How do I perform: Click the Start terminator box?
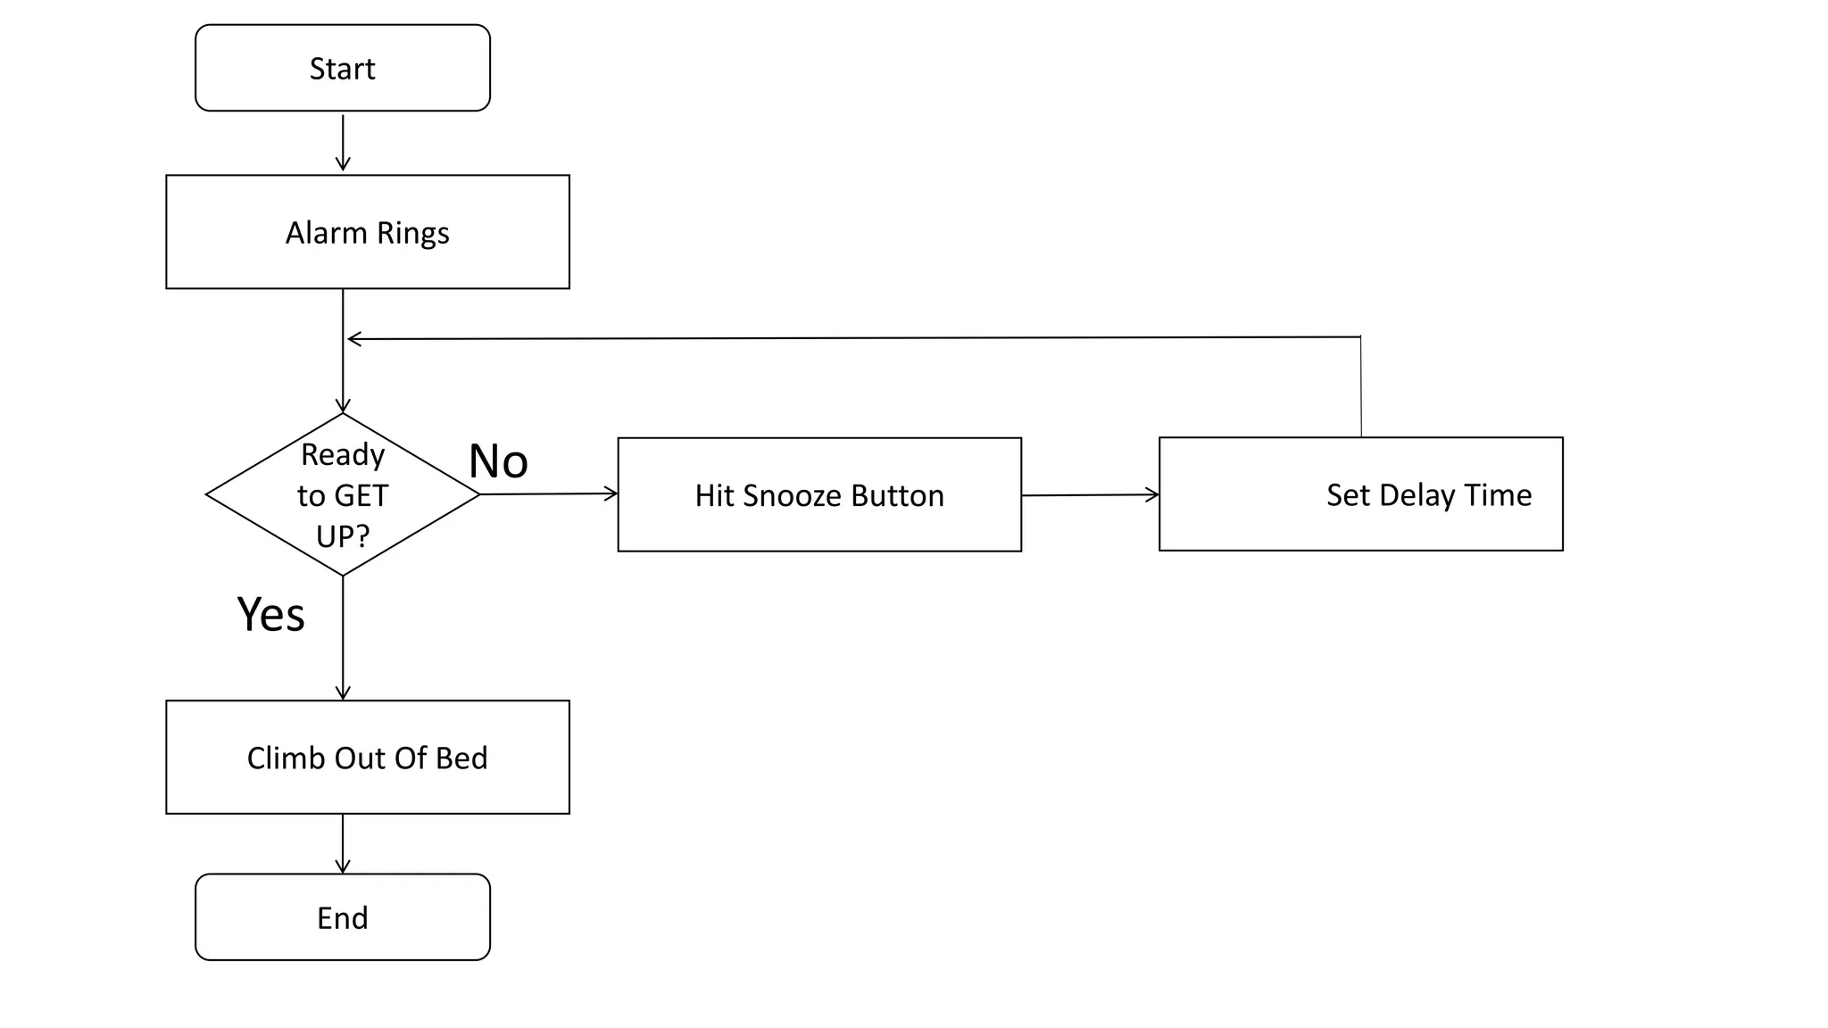coord(342,68)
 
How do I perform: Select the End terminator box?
coord(342,916)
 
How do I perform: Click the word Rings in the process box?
coord(412,233)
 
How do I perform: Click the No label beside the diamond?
coord(498,461)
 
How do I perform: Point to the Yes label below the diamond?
coord(270,614)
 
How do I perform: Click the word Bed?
coord(461,758)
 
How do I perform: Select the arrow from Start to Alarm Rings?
coord(343,142)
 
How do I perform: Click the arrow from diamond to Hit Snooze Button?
coord(548,493)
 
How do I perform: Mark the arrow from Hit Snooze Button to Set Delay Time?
coord(1089,494)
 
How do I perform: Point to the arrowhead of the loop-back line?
coord(352,339)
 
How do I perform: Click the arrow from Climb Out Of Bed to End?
coord(343,843)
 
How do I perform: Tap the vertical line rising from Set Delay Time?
coord(1360,387)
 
